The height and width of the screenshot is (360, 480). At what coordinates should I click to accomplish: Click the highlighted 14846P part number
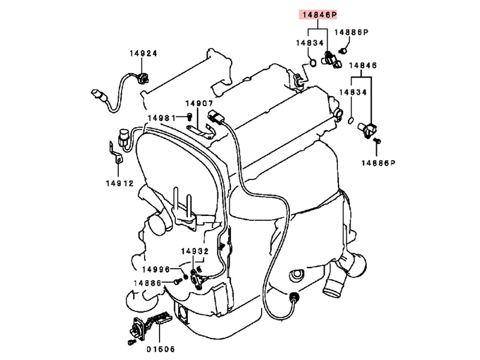point(314,16)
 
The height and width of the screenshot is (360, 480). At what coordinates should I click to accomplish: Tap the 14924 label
point(143,53)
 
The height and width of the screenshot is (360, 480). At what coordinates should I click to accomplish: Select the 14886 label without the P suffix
point(147,282)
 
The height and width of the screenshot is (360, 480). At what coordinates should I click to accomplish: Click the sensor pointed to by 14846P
point(332,59)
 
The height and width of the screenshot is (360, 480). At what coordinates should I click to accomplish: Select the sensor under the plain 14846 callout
point(368,127)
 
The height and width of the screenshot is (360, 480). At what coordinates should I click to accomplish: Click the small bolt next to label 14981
point(190,116)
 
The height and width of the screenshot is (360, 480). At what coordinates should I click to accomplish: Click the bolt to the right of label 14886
point(178,281)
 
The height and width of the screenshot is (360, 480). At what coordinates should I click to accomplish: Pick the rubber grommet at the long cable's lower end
point(294,297)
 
